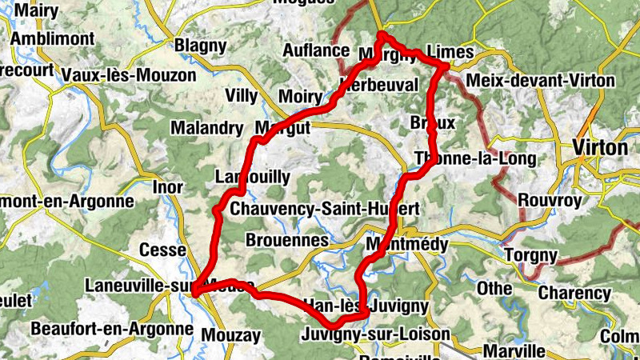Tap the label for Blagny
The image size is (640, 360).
201,46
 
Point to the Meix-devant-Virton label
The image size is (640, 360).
540,81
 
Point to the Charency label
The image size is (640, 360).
574,293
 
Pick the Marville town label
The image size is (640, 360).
515,351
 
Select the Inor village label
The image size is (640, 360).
167,188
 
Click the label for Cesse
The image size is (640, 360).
162,250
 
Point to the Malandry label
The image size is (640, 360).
206,128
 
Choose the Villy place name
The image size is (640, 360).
242,96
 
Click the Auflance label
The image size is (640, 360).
316,51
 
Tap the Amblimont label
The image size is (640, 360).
54,38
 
